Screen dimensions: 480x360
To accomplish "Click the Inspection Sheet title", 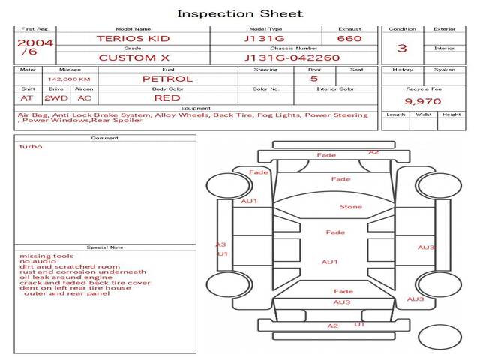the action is [x=240, y=13].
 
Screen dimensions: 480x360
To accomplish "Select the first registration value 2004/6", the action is [x=35, y=47].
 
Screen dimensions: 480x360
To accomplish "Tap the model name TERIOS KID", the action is [x=133, y=38].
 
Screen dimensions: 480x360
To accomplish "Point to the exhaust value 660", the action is [x=349, y=38].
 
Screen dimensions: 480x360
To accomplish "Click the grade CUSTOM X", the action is [x=133, y=58].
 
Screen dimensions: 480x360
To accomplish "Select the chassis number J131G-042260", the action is [x=292, y=58].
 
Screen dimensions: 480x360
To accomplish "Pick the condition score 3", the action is [x=402, y=48].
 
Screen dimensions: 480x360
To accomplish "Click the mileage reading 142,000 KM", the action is [x=69, y=79].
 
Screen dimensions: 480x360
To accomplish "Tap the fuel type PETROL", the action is [x=168, y=79].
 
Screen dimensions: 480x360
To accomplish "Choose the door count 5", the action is [x=314, y=78].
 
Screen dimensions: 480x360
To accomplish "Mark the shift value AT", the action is [x=26, y=98].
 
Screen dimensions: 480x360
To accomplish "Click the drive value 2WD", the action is [x=56, y=98].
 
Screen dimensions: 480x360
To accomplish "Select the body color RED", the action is [x=167, y=98].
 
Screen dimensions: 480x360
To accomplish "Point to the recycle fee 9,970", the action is [x=423, y=101].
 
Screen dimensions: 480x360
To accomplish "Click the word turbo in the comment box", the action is [x=31, y=147].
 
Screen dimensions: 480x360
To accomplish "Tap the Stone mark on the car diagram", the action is [x=351, y=207].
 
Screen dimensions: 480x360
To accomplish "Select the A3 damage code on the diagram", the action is [x=220, y=244].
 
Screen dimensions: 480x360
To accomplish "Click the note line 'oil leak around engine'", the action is [x=66, y=277].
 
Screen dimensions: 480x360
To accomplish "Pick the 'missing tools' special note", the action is [x=46, y=256].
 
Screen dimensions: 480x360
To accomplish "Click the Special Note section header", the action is [x=105, y=247].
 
